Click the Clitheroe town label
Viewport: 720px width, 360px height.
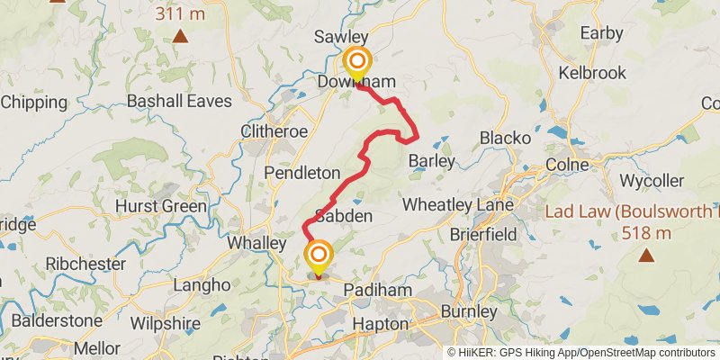point(274,131)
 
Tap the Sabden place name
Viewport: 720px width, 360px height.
point(343,217)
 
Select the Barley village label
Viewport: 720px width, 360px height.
point(432,161)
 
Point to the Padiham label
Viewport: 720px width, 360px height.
point(382,291)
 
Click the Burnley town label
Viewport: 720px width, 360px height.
point(468,312)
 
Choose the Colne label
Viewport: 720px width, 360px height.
point(566,166)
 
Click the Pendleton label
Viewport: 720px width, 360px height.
point(301,172)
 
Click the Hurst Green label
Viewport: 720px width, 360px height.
point(161,206)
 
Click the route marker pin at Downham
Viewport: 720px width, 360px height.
point(358,62)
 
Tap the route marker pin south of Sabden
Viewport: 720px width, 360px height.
point(318,255)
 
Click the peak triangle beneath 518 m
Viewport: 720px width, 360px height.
point(645,256)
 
